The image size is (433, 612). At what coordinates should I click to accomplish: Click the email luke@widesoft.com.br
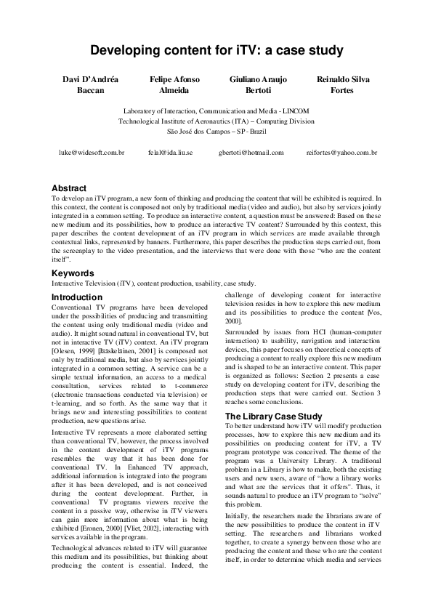pos(92,153)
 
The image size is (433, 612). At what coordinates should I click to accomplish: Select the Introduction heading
pos(77,298)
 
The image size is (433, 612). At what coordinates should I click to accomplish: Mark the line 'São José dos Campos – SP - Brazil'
pos(216,131)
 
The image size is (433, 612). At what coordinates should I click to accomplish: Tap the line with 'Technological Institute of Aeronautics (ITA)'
pos(216,121)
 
